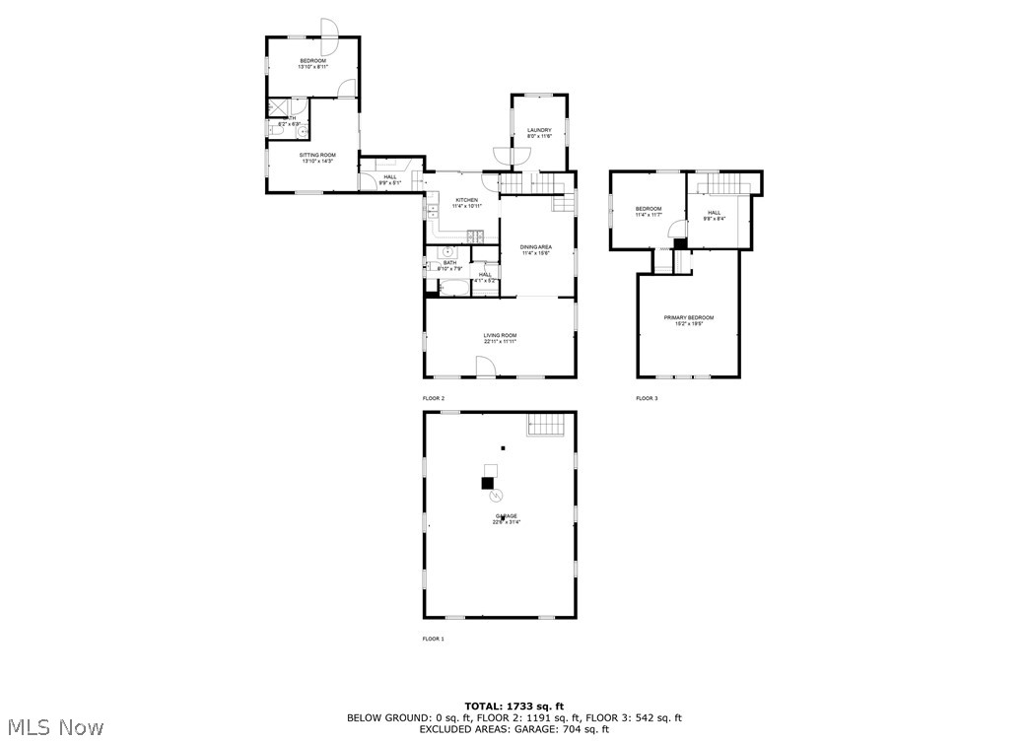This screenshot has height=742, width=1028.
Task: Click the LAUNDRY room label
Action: [538, 130]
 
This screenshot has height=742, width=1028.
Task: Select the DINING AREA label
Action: [536, 246]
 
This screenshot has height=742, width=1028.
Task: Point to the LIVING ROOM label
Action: [500, 335]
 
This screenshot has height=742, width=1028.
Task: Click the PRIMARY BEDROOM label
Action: [688, 317]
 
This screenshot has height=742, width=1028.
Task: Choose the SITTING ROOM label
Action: [317, 155]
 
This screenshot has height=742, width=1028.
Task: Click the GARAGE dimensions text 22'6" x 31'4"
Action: [507, 522]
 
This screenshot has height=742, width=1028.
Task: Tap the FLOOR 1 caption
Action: [434, 639]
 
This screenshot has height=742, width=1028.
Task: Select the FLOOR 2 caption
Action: [434, 398]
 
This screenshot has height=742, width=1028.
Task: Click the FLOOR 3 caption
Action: [647, 398]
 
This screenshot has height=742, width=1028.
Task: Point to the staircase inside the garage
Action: [549, 425]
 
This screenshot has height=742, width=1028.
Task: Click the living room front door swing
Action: [486, 367]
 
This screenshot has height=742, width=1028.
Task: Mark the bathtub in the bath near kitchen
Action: [454, 289]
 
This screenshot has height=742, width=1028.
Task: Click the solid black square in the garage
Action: [487, 483]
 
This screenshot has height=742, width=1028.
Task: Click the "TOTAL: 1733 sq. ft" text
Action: [514, 707]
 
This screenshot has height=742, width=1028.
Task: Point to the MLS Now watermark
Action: [52, 728]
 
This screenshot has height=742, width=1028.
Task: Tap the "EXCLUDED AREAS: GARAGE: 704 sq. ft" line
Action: [514, 730]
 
